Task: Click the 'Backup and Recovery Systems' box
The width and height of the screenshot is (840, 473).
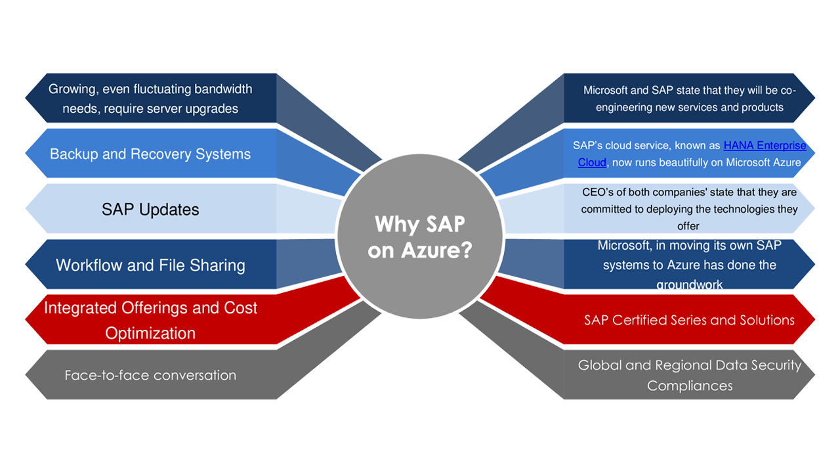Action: click(150, 154)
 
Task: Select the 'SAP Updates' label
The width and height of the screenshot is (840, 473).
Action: click(150, 210)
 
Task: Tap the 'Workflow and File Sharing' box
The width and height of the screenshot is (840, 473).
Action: click(150, 265)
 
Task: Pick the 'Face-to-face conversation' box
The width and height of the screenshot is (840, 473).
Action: click(150, 376)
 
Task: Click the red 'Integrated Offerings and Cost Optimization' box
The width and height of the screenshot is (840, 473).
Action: click(150, 320)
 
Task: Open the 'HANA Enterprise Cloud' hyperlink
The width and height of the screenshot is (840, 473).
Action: click(765, 146)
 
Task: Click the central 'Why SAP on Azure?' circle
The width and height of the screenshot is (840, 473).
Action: click(419, 236)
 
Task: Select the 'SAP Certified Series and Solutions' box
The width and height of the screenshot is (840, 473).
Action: click(689, 320)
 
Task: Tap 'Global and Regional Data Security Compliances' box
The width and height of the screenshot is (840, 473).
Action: click(689, 375)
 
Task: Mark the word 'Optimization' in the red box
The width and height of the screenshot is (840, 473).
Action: click(150, 333)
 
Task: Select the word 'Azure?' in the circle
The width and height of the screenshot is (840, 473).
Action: click(446, 251)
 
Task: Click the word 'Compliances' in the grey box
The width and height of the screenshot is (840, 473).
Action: click(689, 386)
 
